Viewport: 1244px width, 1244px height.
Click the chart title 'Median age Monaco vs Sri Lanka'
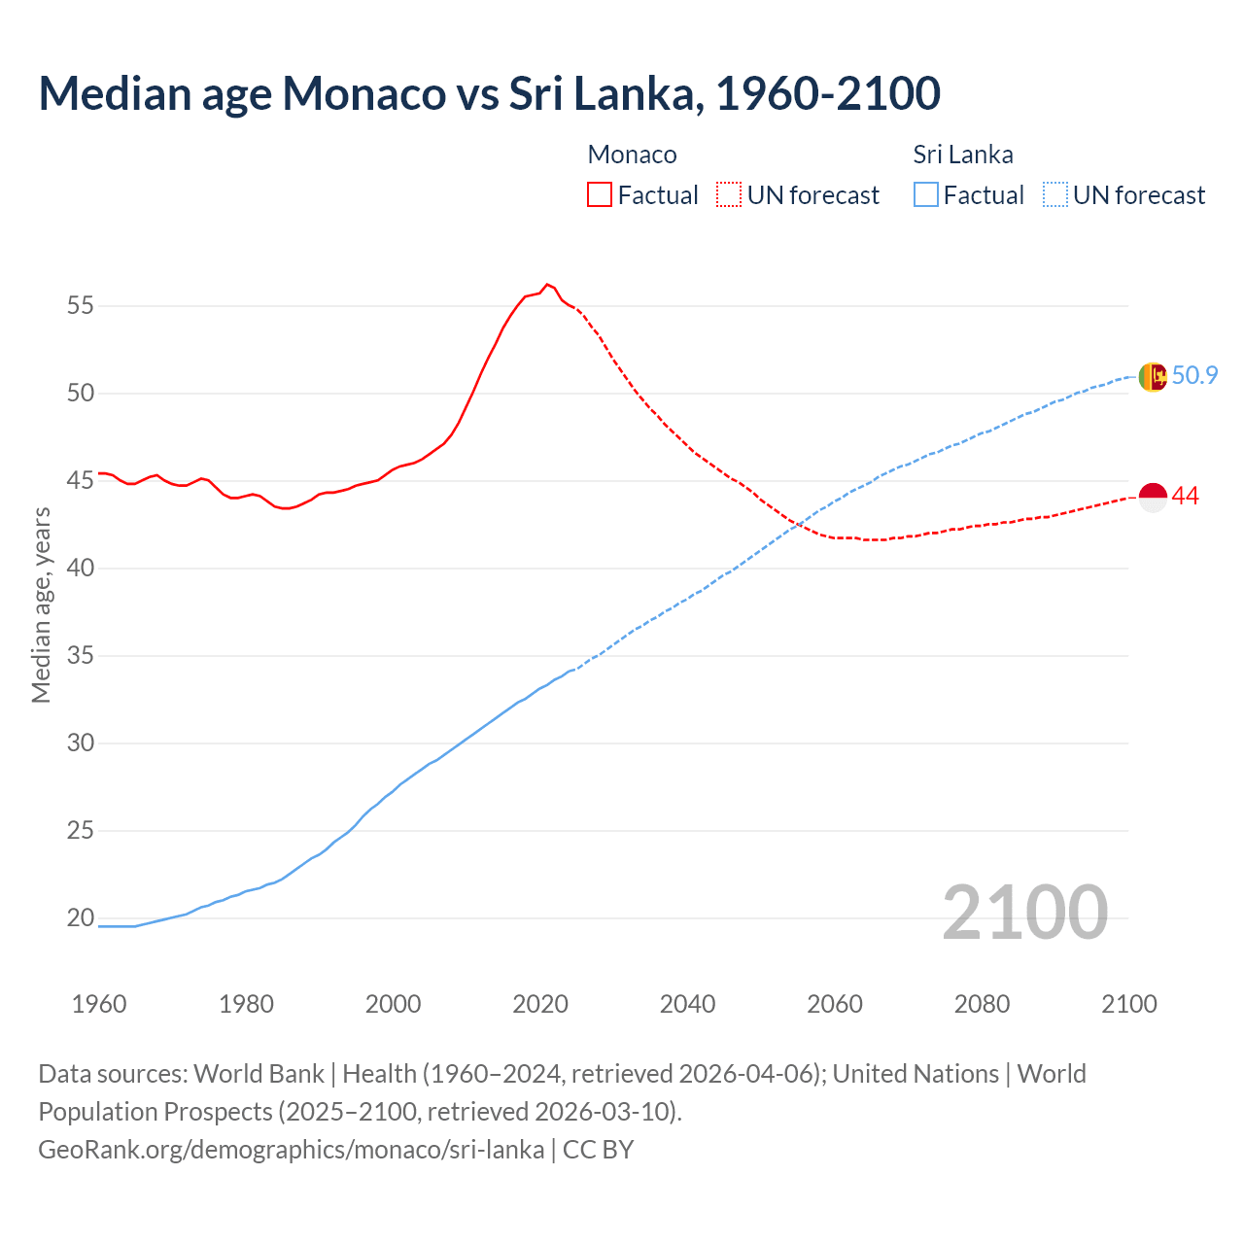(x=489, y=93)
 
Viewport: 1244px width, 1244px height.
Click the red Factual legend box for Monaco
(x=600, y=194)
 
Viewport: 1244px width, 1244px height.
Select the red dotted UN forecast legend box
(x=729, y=194)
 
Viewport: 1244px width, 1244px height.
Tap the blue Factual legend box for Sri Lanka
(x=926, y=194)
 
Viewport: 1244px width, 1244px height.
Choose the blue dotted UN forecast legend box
(x=1055, y=194)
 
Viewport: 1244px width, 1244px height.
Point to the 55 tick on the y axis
(x=81, y=305)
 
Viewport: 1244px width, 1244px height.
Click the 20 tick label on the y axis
(x=81, y=917)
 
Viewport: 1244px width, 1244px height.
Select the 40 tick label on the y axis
(x=81, y=568)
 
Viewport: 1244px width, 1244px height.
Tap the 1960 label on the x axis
(x=99, y=1004)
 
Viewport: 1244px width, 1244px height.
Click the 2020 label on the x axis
(x=540, y=1004)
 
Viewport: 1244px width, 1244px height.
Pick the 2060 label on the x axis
(x=835, y=1004)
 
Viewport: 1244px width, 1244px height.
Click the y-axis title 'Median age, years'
(x=41, y=605)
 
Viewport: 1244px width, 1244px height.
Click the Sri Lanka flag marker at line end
(x=1152, y=376)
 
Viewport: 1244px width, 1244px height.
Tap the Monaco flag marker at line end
(x=1152, y=497)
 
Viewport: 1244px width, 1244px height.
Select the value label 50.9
(x=1194, y=375)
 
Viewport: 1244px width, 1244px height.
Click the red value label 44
(x=1186, y=496)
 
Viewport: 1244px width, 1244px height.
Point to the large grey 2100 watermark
(x=1024, y=912)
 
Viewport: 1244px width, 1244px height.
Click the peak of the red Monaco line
(x=547, y=284)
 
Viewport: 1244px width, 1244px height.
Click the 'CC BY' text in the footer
(x=598, y=1149)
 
